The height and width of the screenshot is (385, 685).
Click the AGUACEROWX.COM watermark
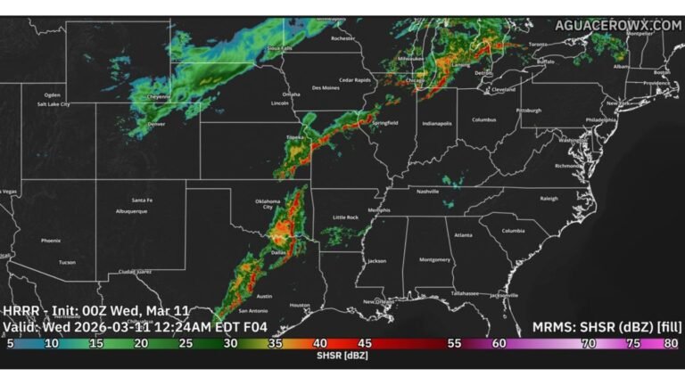[617, 25]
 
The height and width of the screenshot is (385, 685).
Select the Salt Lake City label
[53, 105]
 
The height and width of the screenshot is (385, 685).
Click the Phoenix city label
[50, 240]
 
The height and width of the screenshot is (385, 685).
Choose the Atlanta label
[462, 235]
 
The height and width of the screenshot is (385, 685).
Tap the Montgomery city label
[434, 259]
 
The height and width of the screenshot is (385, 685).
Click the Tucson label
[67, 262]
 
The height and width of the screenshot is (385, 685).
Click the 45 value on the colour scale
[364, 342]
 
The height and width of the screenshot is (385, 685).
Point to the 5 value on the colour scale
[10, 342]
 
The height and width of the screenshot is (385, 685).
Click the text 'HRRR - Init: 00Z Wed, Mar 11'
[96, 310]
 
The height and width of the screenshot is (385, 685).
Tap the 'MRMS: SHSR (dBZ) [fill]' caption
[607, 326]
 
